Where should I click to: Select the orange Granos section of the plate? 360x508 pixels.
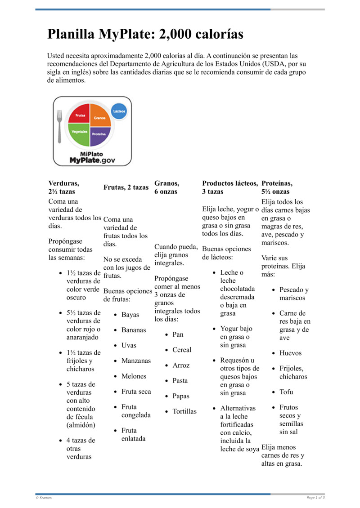(x=100, y=116)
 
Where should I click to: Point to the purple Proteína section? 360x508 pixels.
(x=100, y=135)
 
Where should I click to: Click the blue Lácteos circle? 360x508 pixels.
(x=119, y=111)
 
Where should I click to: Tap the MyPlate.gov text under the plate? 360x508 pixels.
(x=92, y=160)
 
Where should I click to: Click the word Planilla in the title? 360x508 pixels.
(x=71, y=34)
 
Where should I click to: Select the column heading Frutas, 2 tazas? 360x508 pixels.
(x=126, y=187)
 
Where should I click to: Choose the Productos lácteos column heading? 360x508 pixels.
(x=230, y=183)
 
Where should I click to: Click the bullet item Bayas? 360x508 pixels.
(x=130, y=315)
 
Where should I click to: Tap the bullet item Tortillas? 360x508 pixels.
(x=184, y=411)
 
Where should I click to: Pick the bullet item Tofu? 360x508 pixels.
(x=286, y=392)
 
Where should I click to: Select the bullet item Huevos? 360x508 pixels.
(x=290, y=353)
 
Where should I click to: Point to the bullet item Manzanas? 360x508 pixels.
(x=136, y=361)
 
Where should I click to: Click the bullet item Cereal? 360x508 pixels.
(x=182, y=350)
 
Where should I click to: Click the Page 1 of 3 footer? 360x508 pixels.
(x=315, y=498)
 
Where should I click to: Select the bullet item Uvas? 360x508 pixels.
(x=129, y=346)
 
